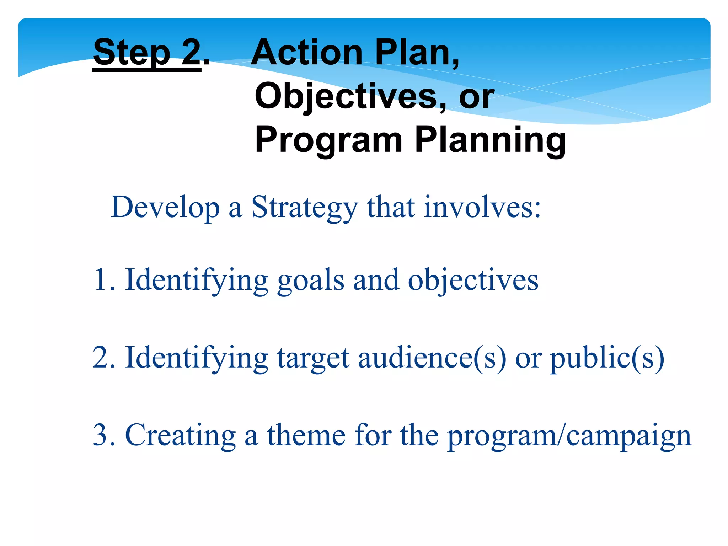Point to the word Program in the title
329,140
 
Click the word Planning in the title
491,140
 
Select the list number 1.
103,280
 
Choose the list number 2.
103,357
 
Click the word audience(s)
432,357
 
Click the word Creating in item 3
181,435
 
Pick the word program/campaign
569,436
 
